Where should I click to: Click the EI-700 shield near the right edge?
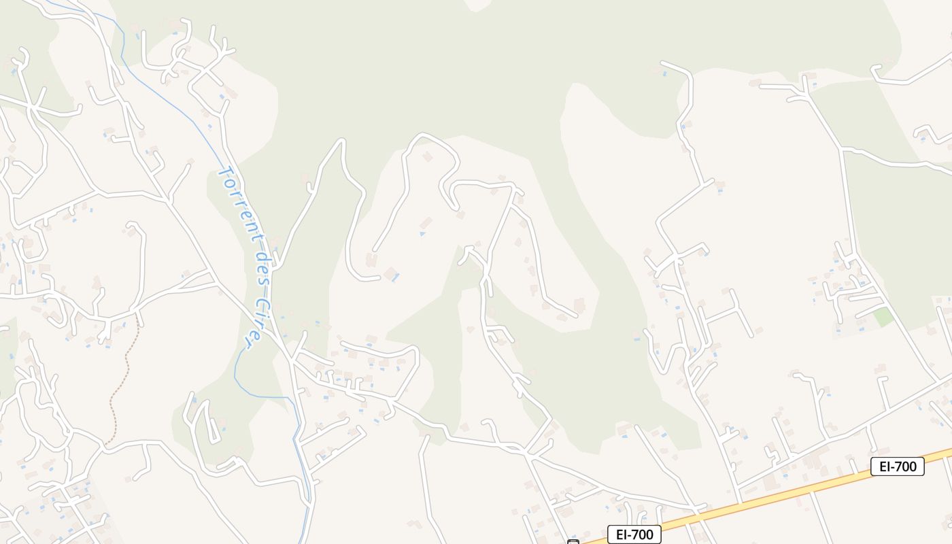[897, 466]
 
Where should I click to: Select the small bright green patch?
[883, 316]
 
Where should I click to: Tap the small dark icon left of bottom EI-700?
[573, 542]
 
